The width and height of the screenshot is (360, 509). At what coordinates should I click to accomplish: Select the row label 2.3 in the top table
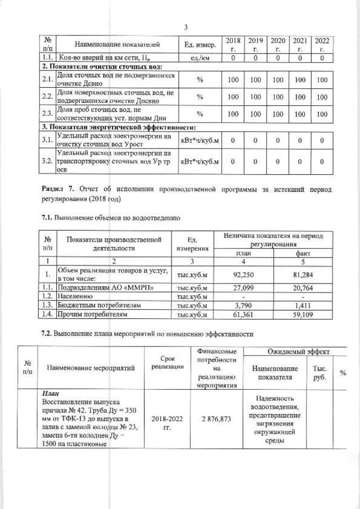47,113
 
